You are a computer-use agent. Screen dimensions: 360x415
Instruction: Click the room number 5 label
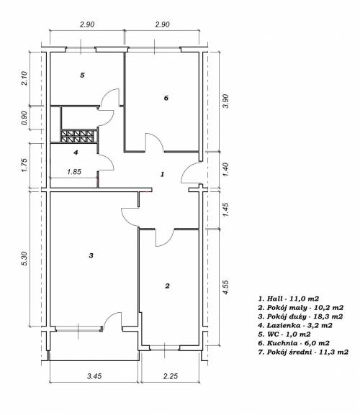82,76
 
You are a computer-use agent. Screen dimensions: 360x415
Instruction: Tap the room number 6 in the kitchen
166,98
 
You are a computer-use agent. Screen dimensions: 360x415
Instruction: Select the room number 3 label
91,255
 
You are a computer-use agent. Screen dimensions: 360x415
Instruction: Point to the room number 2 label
167,286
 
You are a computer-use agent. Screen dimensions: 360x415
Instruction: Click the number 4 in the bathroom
76,152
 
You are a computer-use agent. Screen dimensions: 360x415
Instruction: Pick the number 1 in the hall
163,174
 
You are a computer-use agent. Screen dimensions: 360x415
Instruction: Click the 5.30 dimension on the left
24,259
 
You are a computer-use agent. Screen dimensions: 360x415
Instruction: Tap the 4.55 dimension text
225,288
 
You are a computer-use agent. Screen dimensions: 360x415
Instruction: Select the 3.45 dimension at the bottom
94,376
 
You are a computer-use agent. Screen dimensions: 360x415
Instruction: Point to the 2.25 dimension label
171,376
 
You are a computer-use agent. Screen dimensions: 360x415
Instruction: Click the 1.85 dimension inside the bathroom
74,172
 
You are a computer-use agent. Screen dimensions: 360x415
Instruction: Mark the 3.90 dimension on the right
225,101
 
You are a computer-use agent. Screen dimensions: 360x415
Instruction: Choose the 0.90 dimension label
24,118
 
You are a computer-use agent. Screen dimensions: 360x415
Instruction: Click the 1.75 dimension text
24,165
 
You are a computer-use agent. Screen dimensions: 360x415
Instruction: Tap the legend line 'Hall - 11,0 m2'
289,298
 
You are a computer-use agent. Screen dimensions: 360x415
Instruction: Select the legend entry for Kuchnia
294,343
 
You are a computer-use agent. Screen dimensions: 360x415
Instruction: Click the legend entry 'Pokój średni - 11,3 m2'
303,352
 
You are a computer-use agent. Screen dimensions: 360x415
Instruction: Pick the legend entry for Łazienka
295,325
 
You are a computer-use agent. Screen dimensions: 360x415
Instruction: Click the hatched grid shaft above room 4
77,136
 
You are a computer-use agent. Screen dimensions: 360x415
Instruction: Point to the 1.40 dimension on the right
225,170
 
